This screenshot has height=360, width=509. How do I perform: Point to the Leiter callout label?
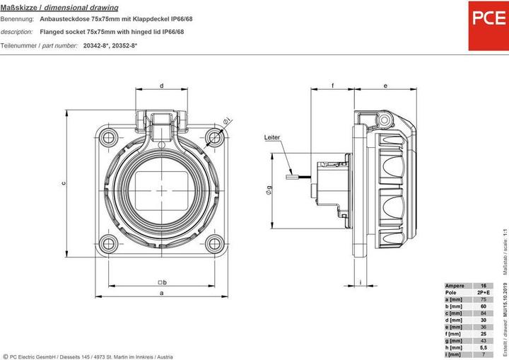272,137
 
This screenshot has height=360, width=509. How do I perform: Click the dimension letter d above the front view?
162,86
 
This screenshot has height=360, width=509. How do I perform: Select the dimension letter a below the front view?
162,292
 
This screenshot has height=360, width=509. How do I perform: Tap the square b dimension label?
162,281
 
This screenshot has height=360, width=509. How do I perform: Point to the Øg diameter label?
269,189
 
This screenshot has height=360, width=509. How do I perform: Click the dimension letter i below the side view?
361,281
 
